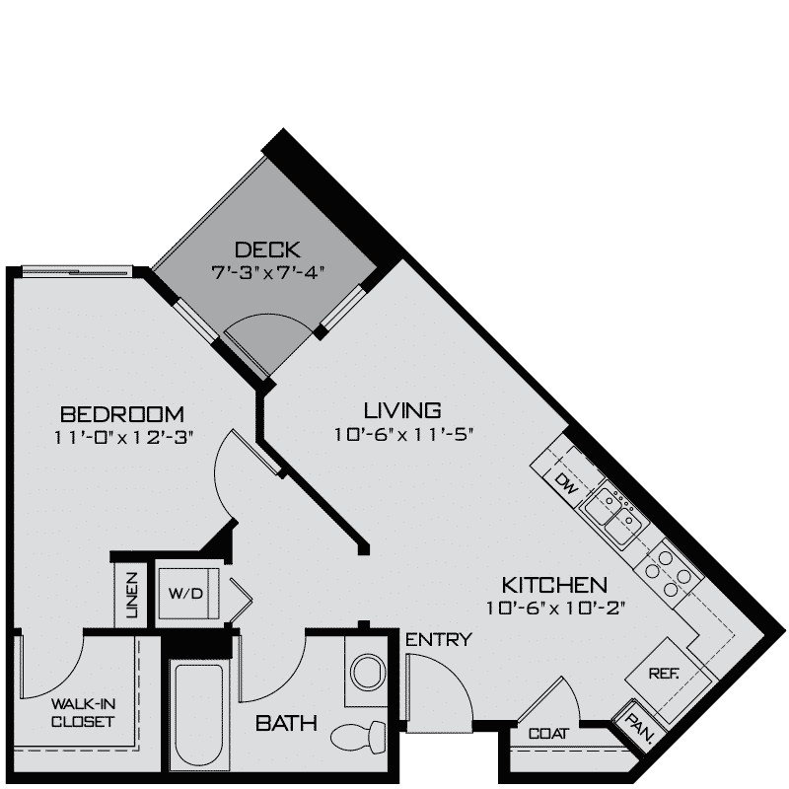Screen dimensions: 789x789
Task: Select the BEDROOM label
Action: pyautogui.click(x=123, y=412)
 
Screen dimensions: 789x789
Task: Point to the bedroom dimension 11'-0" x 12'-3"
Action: pyautogui.click(x=123, y=438)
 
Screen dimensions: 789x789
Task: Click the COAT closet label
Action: pyautogui.click(x=547, y=734)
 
